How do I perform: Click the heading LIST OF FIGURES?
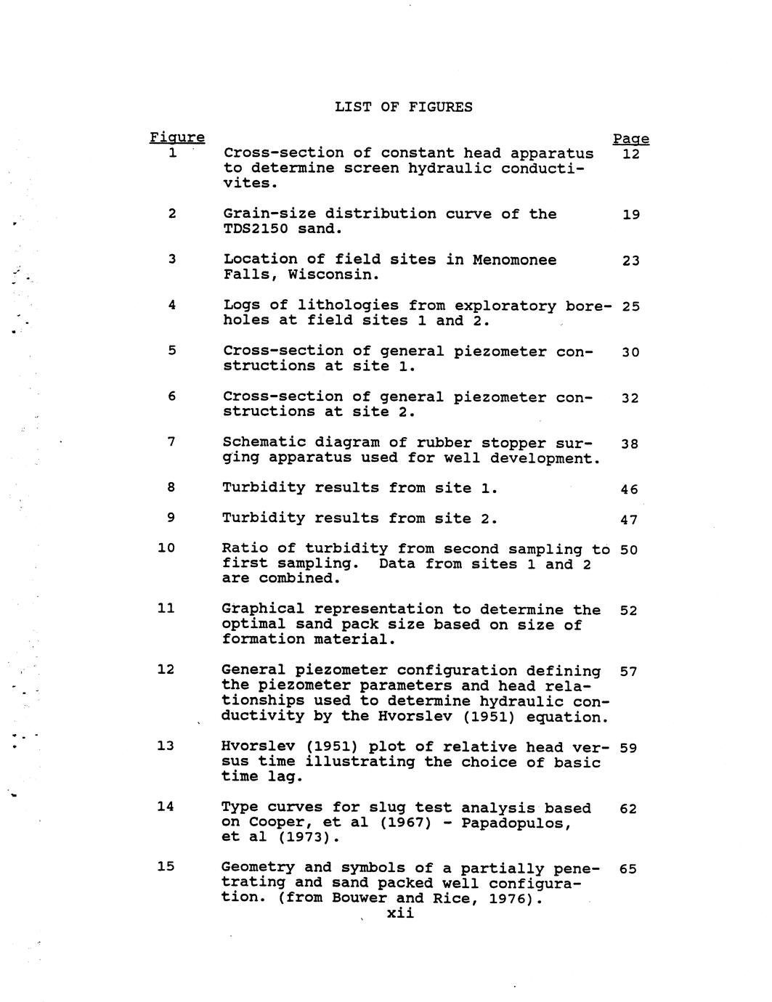(x=403, y=107)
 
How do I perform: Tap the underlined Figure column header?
(x=176, y=138)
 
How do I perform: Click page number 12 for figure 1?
(x=630, y=155)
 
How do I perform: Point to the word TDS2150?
(x=256, y=229)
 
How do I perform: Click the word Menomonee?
(x=514, y=260)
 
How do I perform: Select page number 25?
(x=630, y=306)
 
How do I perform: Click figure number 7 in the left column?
(x=171, y=441)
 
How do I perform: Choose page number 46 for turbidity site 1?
(x=629, y=490)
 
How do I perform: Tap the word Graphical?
(x=263, y=610)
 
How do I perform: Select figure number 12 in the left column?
(x=166, y=669)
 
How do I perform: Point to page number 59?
(x=629, y=748)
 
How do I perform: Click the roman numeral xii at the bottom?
(x=400, y=914)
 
